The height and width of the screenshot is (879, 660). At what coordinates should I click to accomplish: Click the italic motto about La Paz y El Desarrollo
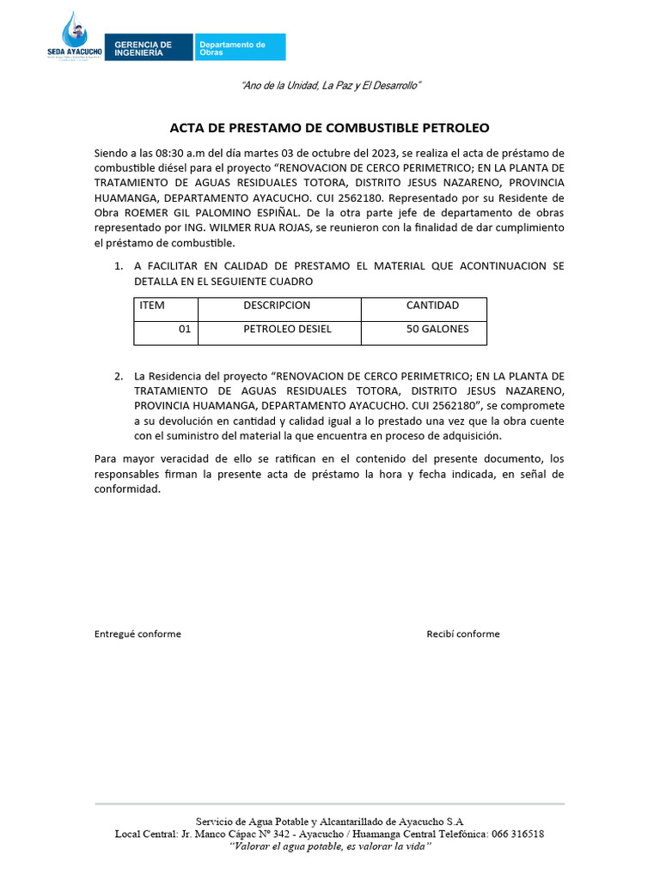point(331,86)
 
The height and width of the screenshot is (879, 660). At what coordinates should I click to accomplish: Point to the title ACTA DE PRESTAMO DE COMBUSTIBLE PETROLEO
point(329,128)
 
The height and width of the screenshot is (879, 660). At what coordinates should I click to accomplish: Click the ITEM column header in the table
point(152,306)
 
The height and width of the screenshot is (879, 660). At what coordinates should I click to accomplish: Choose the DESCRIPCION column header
point(277,306)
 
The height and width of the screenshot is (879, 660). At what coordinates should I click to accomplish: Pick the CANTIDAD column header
point(432,306)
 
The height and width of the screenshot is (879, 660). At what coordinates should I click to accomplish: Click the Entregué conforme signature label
point(137,634)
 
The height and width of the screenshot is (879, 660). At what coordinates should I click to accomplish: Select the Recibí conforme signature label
point(462,634)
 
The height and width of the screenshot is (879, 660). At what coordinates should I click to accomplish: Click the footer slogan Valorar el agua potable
point(329,846)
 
